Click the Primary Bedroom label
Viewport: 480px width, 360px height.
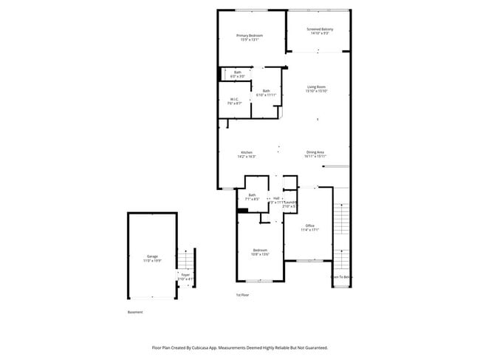[250, 38]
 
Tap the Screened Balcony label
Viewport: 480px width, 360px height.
[320, 31]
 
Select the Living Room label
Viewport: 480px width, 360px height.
[317, 89]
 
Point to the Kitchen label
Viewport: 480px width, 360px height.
[246, 154]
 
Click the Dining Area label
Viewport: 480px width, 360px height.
[315, 154]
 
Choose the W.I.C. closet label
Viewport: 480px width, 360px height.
[234, 101]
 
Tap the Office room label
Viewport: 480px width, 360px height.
[310, 228]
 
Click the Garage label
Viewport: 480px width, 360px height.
[152, 259]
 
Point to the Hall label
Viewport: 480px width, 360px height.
[276, 198]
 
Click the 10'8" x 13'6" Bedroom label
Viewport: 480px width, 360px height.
[260, 251]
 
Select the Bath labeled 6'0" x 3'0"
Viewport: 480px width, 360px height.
[237, 74]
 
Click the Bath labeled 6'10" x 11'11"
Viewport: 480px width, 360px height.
[266, 92]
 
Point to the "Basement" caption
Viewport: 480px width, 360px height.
[135, 312]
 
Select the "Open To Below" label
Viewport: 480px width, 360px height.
[341, 277]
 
